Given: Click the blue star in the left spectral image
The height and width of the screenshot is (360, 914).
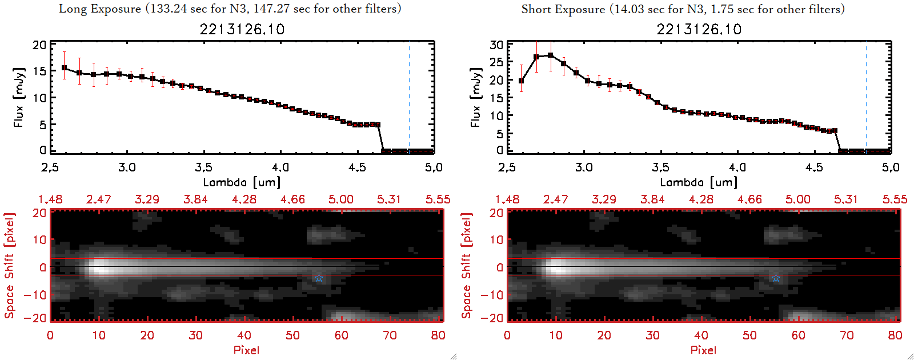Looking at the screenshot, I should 319,278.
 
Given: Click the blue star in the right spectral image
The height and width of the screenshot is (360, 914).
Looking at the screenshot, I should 776,278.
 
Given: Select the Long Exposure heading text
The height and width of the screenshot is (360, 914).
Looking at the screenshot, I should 230,9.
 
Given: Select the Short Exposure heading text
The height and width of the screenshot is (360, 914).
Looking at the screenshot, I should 683,9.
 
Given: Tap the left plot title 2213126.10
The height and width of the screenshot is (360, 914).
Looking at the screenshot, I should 242,29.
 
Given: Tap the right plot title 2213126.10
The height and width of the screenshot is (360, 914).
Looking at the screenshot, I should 699,29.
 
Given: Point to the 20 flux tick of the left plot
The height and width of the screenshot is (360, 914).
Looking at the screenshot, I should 39,45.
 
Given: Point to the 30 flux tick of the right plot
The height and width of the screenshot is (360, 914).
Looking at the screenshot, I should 496,45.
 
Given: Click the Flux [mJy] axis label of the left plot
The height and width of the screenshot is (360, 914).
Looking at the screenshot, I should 19,97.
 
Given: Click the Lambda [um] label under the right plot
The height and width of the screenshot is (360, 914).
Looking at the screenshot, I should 699,182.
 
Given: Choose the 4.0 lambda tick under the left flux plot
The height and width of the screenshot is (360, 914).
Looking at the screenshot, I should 280,167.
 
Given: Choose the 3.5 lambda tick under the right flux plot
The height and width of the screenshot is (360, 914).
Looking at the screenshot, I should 660,167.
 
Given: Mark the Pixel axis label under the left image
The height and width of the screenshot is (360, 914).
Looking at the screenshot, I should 246,350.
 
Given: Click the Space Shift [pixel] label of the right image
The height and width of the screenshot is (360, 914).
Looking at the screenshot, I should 467,266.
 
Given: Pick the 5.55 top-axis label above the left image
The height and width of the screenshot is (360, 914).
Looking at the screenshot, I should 438,199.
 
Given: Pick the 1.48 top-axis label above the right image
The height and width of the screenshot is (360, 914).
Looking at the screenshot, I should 507,199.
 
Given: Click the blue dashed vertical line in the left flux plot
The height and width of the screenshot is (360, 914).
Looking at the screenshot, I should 409,97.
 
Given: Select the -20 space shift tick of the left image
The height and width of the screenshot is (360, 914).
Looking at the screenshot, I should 35,318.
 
